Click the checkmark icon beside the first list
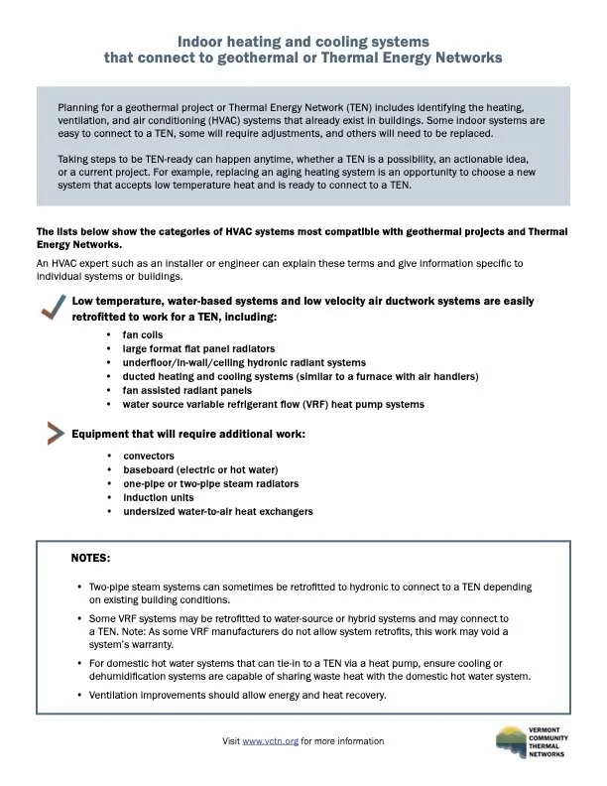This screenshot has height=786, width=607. (51, 310)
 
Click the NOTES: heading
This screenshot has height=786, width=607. (91, 559)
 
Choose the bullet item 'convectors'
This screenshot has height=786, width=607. (148, 456)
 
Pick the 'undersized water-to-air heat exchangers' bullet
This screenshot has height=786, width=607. (218, 511)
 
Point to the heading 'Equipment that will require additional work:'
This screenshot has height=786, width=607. (188, 434)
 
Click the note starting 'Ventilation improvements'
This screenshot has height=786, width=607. (237, 695)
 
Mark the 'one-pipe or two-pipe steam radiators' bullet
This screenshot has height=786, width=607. (211, 483)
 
